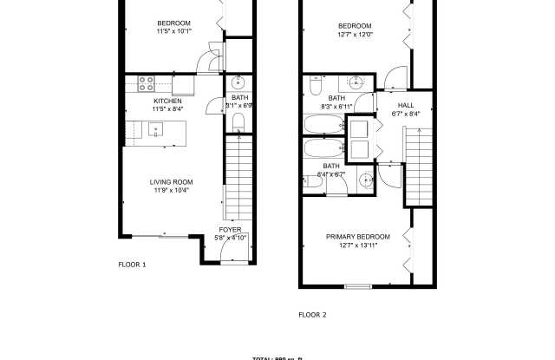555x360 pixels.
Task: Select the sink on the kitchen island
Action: (157, 130)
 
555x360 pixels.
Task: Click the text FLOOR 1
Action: (132, 264)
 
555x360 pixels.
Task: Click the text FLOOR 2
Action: (312, 315)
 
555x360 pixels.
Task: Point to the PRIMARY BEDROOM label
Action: (358, 237)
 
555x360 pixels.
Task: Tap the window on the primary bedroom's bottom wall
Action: (357, 285)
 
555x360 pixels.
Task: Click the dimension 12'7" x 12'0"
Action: (354, 36)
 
